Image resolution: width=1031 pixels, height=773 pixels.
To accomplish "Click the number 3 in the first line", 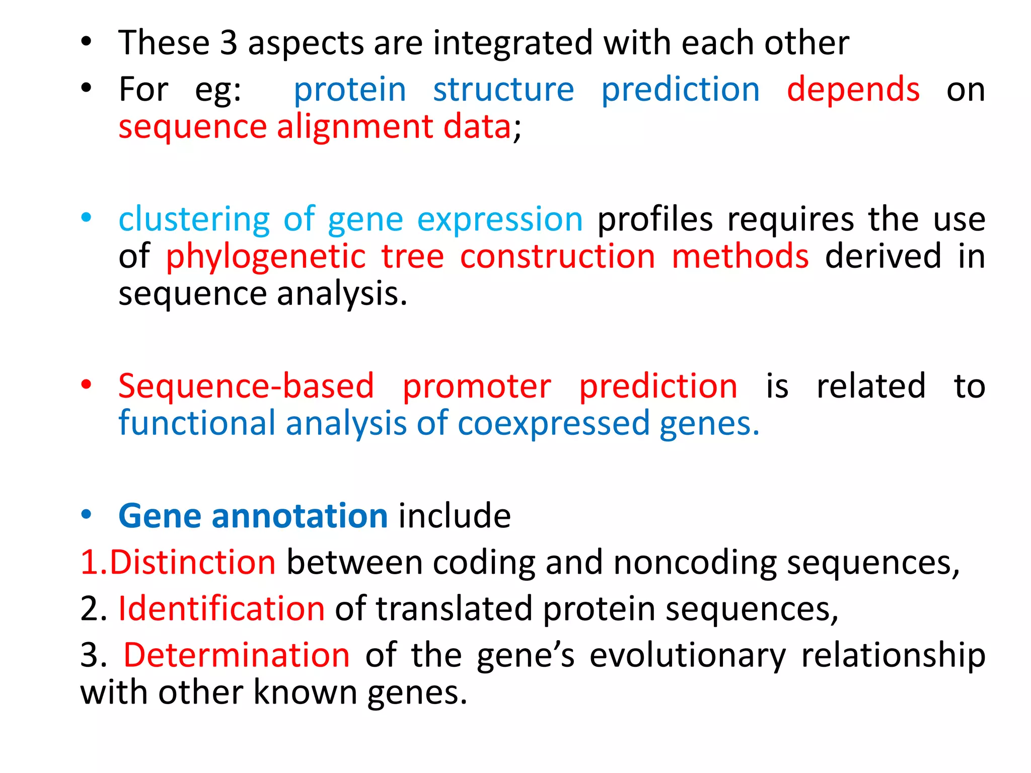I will coord(229,43).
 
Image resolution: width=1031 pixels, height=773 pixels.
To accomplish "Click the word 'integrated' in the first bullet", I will coord(513,43).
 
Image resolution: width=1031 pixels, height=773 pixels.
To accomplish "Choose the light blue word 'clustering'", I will coord(194,219).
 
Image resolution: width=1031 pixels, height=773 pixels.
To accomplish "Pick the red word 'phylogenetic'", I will coord(266,256).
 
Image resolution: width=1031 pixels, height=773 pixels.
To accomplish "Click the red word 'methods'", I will coord(740,256).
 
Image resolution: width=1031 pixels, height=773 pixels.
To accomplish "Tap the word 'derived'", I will coord(883,256).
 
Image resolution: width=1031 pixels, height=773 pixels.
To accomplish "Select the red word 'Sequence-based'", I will coord(246,386).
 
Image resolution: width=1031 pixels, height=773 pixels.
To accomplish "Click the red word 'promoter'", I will coord(477,386).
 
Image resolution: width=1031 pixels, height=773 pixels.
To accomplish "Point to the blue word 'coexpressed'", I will coord(553,423).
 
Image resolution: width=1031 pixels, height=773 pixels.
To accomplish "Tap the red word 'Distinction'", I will coord(192,562).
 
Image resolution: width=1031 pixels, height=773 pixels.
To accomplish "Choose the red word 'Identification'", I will coord(222,608).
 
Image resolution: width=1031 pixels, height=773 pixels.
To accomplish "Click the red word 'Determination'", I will coord(237,655).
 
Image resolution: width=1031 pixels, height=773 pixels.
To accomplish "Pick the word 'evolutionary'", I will coord(688,655).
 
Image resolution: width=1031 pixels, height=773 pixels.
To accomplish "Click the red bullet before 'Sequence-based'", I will coord(87,385).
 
